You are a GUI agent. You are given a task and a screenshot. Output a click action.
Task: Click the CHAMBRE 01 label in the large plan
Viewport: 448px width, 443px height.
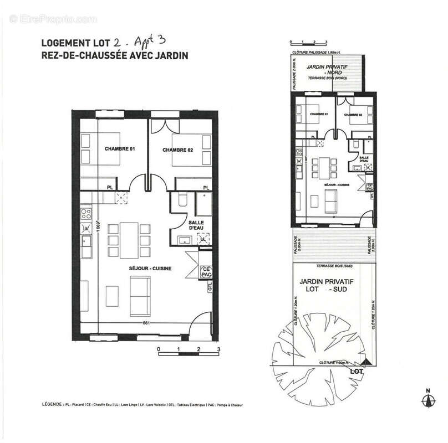[x=120, y=150]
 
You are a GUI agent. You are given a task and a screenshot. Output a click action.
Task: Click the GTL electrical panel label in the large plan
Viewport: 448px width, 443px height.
[x=210, y=287]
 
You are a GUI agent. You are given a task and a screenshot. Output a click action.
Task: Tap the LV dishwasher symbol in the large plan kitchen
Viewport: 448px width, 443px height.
[x=86, y=229]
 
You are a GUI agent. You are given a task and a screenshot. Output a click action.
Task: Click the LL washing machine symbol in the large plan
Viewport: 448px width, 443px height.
[x=203, y=239]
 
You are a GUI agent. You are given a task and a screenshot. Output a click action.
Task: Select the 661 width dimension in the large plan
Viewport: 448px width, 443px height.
[x=146, y=323]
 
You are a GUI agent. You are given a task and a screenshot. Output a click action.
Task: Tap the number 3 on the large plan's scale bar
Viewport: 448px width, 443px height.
[x=219, y=349]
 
